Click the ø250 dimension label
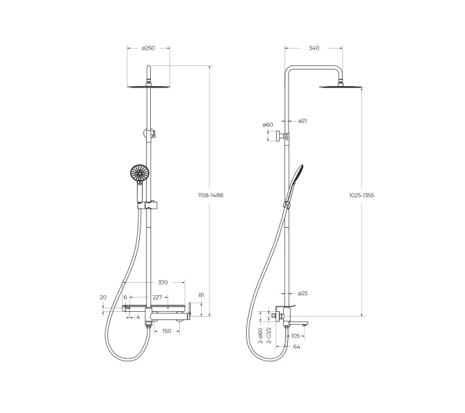(148, 48)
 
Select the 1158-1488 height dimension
(211, 195)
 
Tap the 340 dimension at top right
(313, 48)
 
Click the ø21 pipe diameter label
(302, 121)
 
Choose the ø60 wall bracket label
(268, 125)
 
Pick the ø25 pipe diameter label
(303, 293)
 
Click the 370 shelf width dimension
(163, 282)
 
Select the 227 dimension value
(157, 297)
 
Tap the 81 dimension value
(200, 295)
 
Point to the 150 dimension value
(166, 331)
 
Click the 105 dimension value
(296, 336)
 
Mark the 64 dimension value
(297, 347)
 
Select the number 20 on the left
(103, 297)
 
